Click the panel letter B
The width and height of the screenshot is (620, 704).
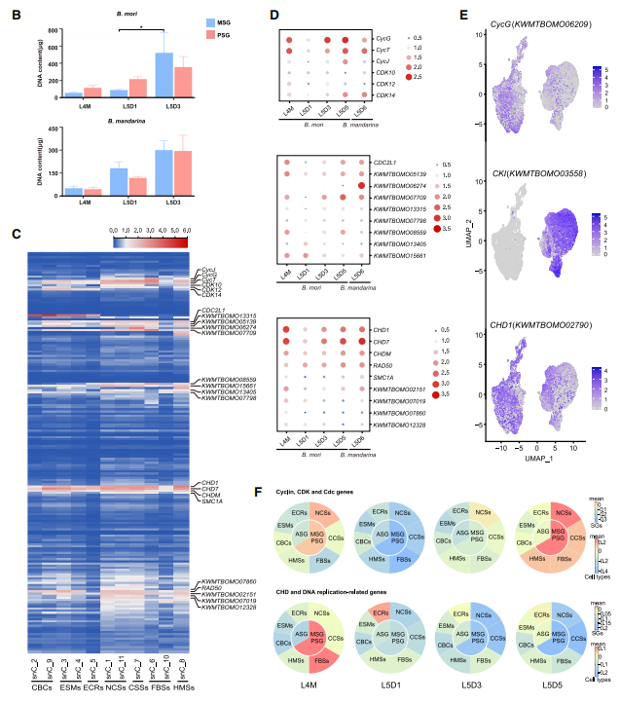[15, 17]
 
